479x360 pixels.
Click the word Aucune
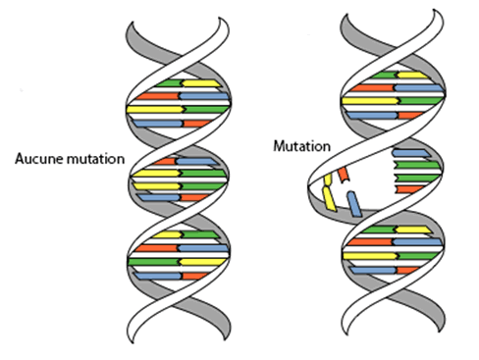click(x=39, y=159)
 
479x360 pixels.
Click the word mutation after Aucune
click(x=95, y=159)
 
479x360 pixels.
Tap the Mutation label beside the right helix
click(x=301, y=146)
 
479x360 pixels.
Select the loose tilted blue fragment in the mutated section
click(x=354, y=204)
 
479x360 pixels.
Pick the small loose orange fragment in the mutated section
click(x=344, y=175)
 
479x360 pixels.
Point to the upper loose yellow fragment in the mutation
click(x=328, y=180)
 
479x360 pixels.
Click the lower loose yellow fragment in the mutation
click(x=329, y=199)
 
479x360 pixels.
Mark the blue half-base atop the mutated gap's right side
click(x=411, y=153)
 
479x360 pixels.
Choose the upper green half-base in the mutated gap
click(x=417, y=165)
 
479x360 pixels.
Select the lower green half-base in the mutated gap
click(x=417, y=179)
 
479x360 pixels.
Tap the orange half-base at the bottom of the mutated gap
click(x=409, y=189)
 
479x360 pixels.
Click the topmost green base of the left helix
click(x=169, y=83)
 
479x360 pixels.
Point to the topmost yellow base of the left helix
click(x=201, y=83)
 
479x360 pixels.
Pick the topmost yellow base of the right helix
click(x=412, y=76)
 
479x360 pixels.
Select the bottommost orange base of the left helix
click(x=195, y=276)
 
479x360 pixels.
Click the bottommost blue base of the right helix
click(x=374, y=271)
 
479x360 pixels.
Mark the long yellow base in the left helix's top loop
click(x=156, y=109)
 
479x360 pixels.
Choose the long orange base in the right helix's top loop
click(x=371, y=88)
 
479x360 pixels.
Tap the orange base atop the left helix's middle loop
click(x=165, y=162)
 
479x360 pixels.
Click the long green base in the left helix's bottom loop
click(x=154, y=262)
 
